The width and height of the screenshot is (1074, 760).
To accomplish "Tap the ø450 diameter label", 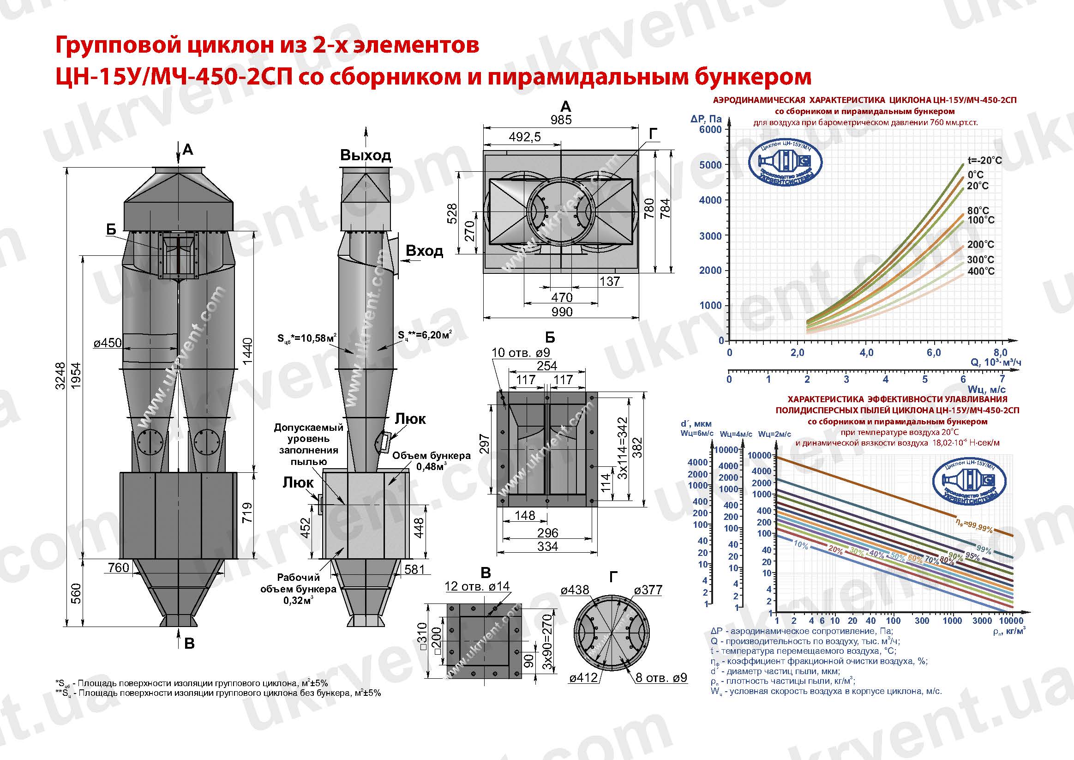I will [108, 343].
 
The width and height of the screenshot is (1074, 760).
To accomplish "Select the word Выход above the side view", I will [366, 155].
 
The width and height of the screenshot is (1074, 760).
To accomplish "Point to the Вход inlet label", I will [424, 251].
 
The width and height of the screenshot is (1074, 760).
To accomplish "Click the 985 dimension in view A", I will [561, 120].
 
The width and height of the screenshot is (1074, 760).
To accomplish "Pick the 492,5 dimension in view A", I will [524, 137].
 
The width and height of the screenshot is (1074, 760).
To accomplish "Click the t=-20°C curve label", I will [984, 161].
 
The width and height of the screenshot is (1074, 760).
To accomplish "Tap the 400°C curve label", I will [981, 271].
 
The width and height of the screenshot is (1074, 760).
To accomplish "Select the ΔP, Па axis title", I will [706, 119].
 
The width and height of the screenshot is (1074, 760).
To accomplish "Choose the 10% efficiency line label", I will [801, 545].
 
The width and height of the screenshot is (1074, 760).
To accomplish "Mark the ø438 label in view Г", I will [575, 590].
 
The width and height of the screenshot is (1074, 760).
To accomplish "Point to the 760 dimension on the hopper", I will [118, 567].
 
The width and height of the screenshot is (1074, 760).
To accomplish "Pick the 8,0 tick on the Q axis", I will [1001, 352].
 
